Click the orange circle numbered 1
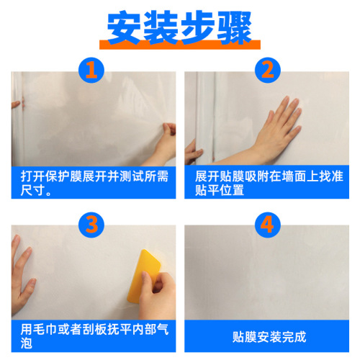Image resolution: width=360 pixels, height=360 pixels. click(x=90, y=70)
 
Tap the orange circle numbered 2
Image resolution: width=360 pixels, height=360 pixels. click(x=268, y=70)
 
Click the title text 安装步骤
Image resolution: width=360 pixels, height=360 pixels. click(x=179, y=27)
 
